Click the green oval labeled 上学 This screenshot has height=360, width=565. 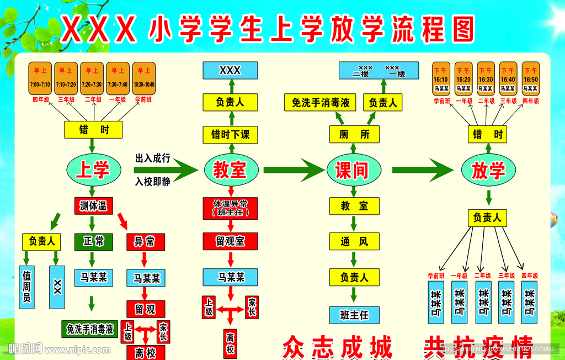(93, 170)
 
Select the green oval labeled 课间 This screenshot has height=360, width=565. (351, 170)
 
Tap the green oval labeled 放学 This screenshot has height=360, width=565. (488, 170)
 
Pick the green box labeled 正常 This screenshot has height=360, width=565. (93, 242)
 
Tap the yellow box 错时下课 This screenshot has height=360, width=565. (231, 134)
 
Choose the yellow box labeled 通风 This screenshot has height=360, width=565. (354, 241)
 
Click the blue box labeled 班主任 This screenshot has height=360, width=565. (354, 315)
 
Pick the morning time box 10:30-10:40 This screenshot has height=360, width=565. (144, 78)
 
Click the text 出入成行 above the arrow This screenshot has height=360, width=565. (152, 158)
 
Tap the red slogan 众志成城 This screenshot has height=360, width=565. (337, 348)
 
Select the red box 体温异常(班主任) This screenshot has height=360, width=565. (231, 208)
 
